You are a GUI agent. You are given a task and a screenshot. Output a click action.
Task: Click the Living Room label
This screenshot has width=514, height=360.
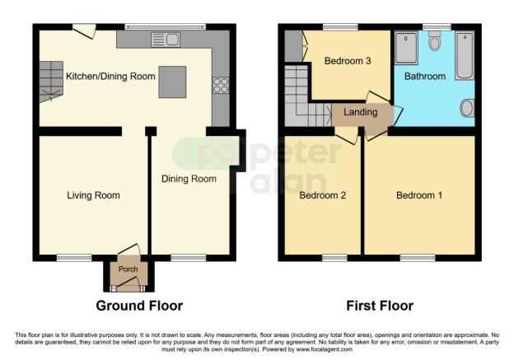point(93,195)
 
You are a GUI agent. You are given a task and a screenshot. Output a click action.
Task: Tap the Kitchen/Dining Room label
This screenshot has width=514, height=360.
point(110,77)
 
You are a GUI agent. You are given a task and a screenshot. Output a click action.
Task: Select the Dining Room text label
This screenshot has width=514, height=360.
point(189,178)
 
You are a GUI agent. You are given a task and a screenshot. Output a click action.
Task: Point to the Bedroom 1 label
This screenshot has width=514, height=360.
point(418,195)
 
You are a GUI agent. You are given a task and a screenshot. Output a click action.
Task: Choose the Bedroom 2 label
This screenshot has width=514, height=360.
point(321,195)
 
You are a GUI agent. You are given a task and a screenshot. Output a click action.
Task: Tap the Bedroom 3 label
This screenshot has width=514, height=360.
point(347,61)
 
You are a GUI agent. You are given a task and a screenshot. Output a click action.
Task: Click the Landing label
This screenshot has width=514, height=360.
point(361,112)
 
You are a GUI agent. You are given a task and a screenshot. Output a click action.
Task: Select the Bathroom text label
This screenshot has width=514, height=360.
point(424,76)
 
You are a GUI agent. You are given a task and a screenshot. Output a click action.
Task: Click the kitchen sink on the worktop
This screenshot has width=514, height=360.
point(164,39)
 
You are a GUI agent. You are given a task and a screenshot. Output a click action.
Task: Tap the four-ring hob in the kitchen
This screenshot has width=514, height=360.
point(220,85)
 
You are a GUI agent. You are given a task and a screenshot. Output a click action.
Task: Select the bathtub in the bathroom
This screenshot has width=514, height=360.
point(464,55)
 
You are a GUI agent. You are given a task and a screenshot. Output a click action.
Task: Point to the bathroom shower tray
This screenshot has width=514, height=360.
point(406,49)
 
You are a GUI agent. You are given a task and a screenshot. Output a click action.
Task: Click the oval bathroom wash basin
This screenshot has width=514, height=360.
point(467,108)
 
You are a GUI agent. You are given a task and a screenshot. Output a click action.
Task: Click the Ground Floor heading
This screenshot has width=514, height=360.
point(139,306)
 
